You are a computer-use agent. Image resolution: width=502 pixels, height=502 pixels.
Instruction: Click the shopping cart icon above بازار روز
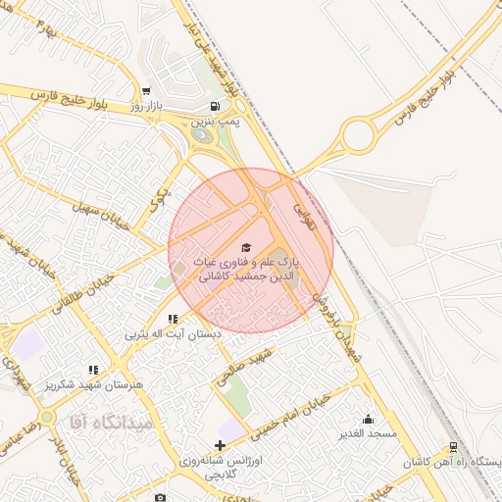pyautogui.click(x=146, y=90)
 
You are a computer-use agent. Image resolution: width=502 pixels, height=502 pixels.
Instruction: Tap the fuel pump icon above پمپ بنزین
pyautogui.click(x=215, y=107)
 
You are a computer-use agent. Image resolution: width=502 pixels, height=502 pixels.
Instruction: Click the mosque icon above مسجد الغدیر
pyautogui.click(x=368, y=419)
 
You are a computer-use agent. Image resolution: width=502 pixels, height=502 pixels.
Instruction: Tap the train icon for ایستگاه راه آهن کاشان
pyautogui.click(x=453, y=447)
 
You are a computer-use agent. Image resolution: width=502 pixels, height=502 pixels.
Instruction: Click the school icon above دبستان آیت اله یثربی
pyautogui.click(x=173, y=319)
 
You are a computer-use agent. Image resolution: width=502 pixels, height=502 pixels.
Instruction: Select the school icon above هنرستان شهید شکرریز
pyautogui.click(x=93, y=370)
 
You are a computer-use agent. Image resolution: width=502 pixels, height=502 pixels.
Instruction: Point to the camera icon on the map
pyautogui.click(x=161, y=497)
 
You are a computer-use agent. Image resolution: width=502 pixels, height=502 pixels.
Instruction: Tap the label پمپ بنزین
pyautogui.click(x=215, y=122)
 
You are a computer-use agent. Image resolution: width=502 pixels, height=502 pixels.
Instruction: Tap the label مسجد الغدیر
pyautogui.click(x=368, y=433)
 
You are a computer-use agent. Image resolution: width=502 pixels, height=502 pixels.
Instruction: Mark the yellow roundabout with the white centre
pyautogui.click(x=358, y=134)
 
